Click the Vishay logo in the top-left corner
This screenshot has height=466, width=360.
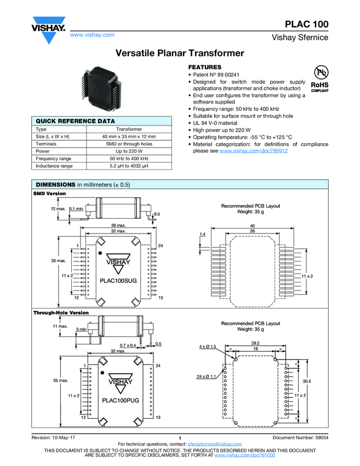(x=48, y=32)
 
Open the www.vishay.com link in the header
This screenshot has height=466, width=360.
(x=92, y=35)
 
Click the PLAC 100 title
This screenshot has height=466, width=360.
(x=306, y=24)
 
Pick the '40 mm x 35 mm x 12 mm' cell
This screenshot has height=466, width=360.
(x=129, y=137)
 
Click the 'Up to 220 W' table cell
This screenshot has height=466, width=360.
(x=129, y=151)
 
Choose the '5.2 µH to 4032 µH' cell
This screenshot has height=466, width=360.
(x=129, y=165)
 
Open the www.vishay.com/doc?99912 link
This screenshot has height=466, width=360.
(x=254, y=150)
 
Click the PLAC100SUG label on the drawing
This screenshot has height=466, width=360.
(x=118, y=280)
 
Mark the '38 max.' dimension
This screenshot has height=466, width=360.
(x=119, y=225)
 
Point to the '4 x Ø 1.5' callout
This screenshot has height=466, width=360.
(x=208, y=346)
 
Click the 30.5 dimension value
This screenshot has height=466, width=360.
(x=307, y=382)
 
